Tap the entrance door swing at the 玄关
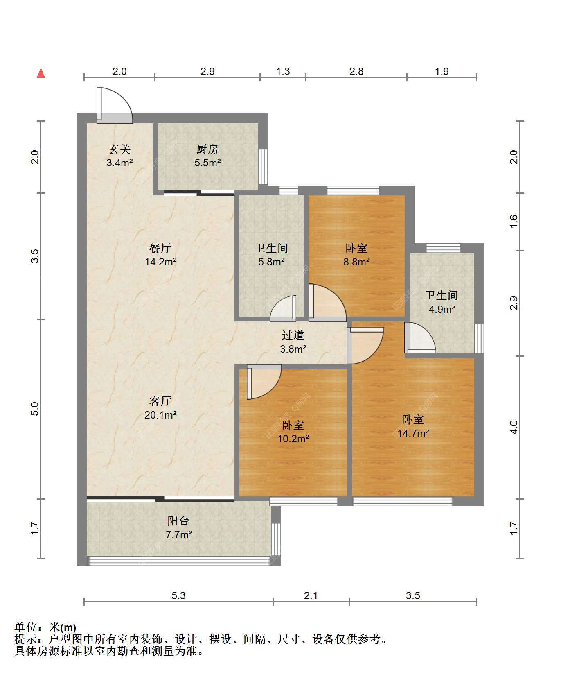click(115, 105)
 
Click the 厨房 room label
click(207, 149)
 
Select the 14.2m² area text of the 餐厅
click(160, 262)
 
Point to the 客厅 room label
click(160, 401)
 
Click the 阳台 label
click(179, 521)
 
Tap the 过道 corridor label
click(293, 335)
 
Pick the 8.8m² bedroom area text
click(356, 262)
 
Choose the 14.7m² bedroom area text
click(413, 433)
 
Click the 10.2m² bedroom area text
click(293, 439)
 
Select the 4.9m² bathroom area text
click(442, 309)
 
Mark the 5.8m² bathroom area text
click(271, 262)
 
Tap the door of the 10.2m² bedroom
click(264, 383)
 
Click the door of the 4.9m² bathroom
click(420, 338)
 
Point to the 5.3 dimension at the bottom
click(178, 595)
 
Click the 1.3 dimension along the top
click(283, 72)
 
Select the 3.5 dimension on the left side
click(36, 256)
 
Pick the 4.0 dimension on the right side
click(514, 427)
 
